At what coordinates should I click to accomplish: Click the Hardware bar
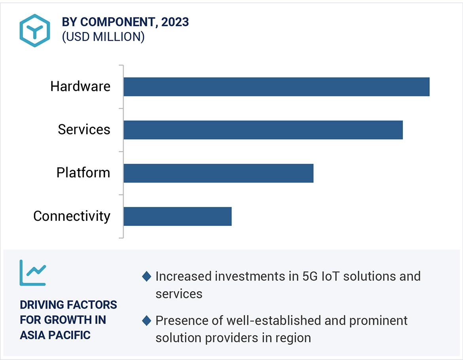click(276, 87)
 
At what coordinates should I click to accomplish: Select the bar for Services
click(263, 130)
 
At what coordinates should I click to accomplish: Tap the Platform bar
click(218, 173)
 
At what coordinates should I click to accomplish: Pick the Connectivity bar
click(177, 216)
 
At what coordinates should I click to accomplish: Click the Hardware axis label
click(80, 87)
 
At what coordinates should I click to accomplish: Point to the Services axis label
click(84, 130)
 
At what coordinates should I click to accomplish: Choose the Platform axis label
click(83, 173)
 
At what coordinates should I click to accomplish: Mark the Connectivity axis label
click(72, 216)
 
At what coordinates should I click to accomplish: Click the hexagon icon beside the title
click(35, 30)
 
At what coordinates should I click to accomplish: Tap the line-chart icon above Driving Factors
click(33, 273)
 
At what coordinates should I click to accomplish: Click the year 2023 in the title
click(175, 22)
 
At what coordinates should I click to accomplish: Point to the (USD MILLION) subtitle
click(103, 37)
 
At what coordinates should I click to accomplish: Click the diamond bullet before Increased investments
click(146, 277)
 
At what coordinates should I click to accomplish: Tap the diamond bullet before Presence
click(146, 321)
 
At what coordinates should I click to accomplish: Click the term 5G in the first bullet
click(309, 276)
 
